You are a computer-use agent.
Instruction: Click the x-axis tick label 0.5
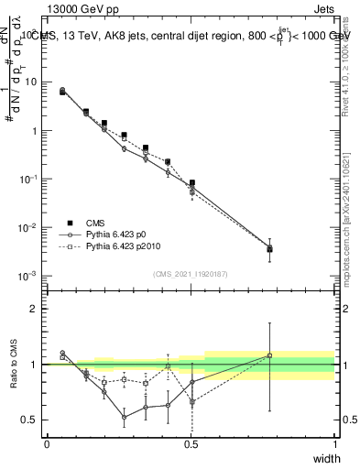tap(191, 444)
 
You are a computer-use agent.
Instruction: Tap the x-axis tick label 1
tap(334, 444)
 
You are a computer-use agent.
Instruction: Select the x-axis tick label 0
tap(47, 444)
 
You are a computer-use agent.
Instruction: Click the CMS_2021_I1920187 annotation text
tap(191, 274)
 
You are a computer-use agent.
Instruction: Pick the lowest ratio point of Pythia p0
tap(125, 417)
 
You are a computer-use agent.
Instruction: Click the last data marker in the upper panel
tap(269, 248)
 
